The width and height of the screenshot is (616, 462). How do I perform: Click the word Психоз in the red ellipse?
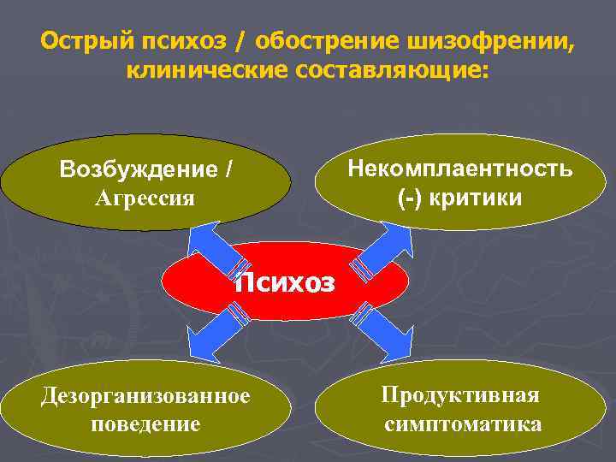pyautogui.click(x=285, y=282)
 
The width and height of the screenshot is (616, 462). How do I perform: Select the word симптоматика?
pyautogui.click(x=462, y=423)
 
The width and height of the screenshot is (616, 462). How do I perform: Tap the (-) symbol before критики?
pyautogui.click(x=412, y=198)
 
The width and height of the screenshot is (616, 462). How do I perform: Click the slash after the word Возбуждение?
pyautogui.click(x=228, y=169)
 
